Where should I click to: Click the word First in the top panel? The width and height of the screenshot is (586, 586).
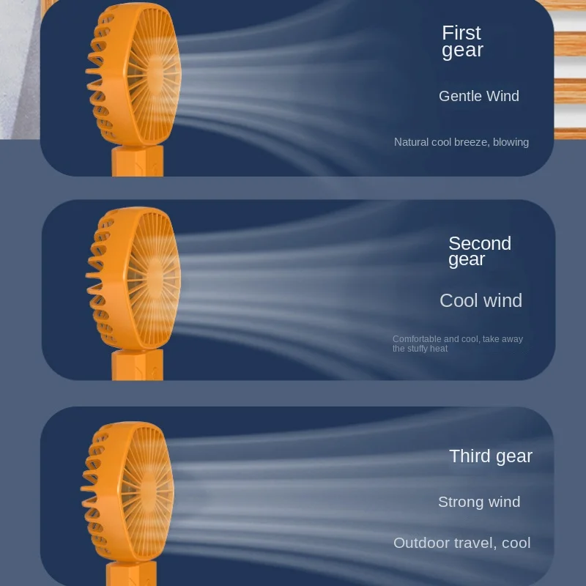pyautogui.click(x=461, y=33)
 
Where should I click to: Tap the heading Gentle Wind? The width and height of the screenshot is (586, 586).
pyautogui.click(x=479, y=96)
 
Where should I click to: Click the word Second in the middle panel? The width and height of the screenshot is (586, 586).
pyautogui.click(x=480, y=243)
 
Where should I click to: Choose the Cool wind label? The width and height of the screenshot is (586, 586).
pyautogui.click(x=481, y=300)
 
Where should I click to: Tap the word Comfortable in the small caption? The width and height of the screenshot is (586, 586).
pyautogui.click(x=417, y=339)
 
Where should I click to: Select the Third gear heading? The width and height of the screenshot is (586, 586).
pyautogui.click(x=491, y=456)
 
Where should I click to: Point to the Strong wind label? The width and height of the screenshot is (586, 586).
pyautogui.click(x=479, y=502)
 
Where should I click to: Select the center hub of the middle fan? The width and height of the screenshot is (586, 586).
pyautogui.click(x=155, y=278)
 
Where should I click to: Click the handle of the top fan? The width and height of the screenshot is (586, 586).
pyautogui.click(x=138, y=160)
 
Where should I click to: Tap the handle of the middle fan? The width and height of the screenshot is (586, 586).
pyautogui.click(x=138, y=365)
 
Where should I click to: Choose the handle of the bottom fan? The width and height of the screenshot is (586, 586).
pyautogui.click(x=132, y=574)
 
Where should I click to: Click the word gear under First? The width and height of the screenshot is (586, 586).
pyautogui.click(x=462, y=51)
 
